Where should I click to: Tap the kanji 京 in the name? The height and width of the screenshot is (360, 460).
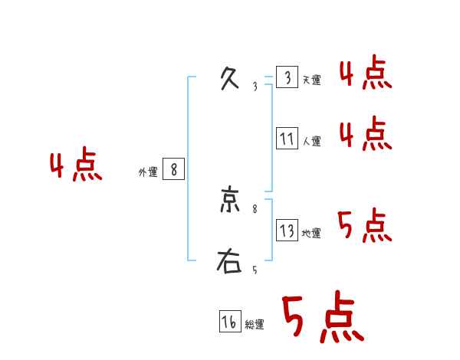229,201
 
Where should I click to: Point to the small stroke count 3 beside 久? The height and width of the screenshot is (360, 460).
255,86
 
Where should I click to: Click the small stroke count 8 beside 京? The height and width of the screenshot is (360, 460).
255,208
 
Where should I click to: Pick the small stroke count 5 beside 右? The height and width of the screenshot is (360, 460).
255,270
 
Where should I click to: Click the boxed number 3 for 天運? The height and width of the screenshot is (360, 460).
287,78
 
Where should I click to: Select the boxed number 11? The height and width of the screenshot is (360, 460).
287,139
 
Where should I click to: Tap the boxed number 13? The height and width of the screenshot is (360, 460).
287,231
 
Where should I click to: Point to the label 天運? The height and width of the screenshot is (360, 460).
311,80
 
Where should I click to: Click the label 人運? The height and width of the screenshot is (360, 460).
311,141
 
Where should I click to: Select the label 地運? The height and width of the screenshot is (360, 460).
311,233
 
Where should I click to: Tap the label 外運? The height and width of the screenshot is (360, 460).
148,172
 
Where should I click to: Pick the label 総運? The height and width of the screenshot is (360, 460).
255,325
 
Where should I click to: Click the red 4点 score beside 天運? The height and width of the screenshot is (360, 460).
366,74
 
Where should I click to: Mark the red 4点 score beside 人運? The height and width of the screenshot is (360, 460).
366,134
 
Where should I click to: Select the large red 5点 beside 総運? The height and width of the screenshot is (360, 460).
322,319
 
